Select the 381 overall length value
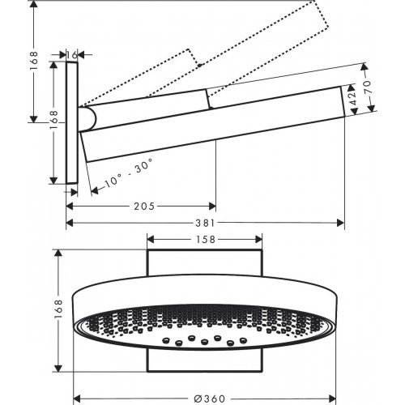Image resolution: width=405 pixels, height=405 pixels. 204,223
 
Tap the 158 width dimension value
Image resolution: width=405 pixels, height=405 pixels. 203,240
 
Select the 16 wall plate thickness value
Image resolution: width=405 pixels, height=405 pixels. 74,53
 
